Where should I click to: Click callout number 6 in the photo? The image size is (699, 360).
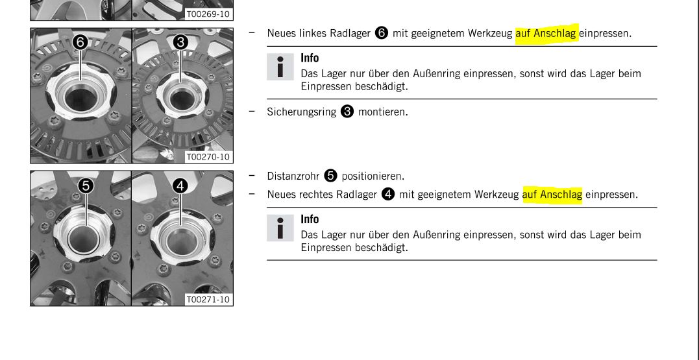(x=80, y=43)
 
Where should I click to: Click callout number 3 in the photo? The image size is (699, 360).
(x=180, y=43)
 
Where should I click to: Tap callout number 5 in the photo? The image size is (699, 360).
(x=86, y=186)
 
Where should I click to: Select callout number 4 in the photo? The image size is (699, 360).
(x=180, y=186)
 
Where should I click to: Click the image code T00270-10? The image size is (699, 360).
(x=208, y=157)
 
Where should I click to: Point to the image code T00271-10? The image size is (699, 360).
(x=208, y=300)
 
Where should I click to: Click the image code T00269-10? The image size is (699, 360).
(x=208, y=14)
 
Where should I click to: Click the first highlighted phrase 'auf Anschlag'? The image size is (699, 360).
(x=546, y=34)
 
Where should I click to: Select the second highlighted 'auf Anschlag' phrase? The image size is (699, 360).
(x=552, y=195)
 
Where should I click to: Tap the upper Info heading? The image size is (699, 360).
(x=310, y=58)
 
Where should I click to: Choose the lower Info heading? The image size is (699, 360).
(x=310, y=220)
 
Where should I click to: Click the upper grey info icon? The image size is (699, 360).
(x=280, y=67)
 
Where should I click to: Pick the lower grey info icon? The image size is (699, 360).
(x=280, y=228)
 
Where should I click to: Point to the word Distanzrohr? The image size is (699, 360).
(x=293, y=176)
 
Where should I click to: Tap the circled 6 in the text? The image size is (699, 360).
(x=382, y=33)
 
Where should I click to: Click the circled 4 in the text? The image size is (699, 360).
(x=388, y=194)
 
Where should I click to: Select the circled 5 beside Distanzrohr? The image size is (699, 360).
(x=330, y=176)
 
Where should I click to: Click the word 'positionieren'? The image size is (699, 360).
(x=373, y=176)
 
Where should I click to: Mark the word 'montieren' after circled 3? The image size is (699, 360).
(x=383, y=112)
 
